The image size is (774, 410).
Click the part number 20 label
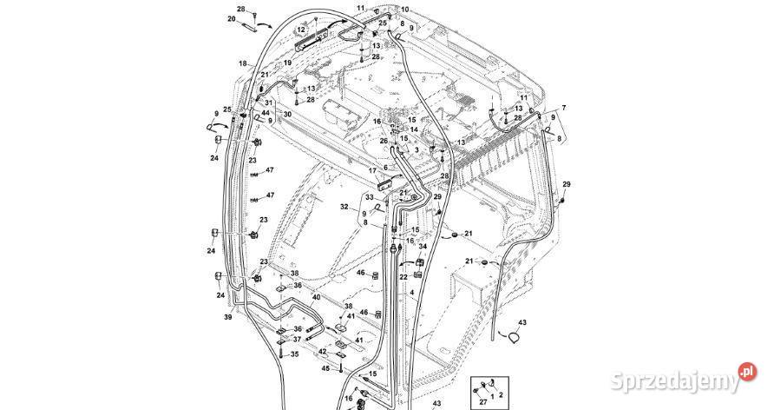pos(232,18)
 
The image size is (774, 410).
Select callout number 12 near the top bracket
pos(301,30)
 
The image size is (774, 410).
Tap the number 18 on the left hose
pos(243,64)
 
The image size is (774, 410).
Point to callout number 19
pos(287,63)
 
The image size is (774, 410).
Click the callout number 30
pos(287,115)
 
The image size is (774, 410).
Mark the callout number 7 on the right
pos(563,108)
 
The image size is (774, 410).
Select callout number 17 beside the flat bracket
pos(372,170)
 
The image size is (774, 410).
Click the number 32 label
pos(344,207)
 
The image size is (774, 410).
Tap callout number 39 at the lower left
pos(228,318)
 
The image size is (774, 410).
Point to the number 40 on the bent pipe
pos(316,297)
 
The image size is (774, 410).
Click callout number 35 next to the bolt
pos(294,354)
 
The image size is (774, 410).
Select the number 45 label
pos(325,369)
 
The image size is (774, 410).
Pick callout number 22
pos(403,276)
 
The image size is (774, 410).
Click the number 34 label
pos(423,246)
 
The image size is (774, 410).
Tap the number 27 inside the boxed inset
pos(482,402)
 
